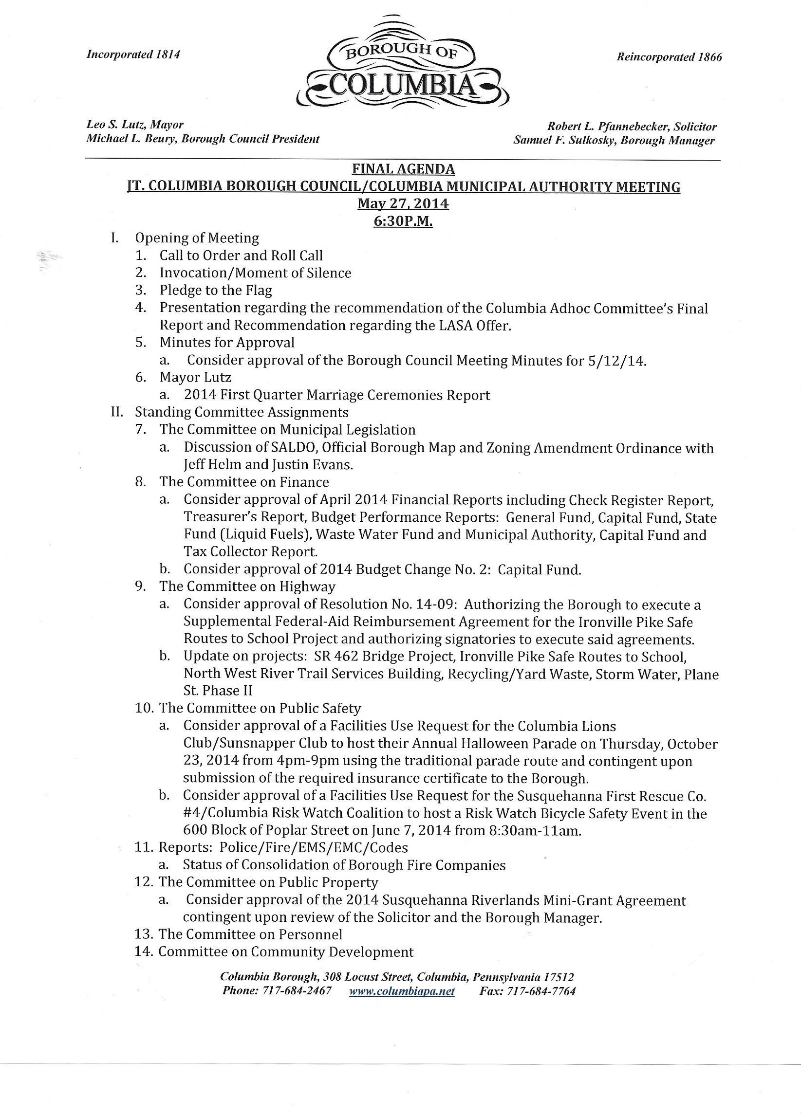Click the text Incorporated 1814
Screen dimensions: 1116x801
[x=133, y=55]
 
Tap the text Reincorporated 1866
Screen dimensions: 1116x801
[x=669, y=57]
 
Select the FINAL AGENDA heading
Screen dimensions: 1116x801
[x=403, y=169]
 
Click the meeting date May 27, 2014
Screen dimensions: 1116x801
[x=403, y=204]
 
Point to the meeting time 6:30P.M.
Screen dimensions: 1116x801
[x=403, y=222]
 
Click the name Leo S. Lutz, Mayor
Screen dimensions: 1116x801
[x=135, y=125]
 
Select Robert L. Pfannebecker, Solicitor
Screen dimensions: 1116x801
[x=632, y=127]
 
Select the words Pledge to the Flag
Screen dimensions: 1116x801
[x=216, y=291]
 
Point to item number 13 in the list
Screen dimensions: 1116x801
[x=144, y=934]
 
